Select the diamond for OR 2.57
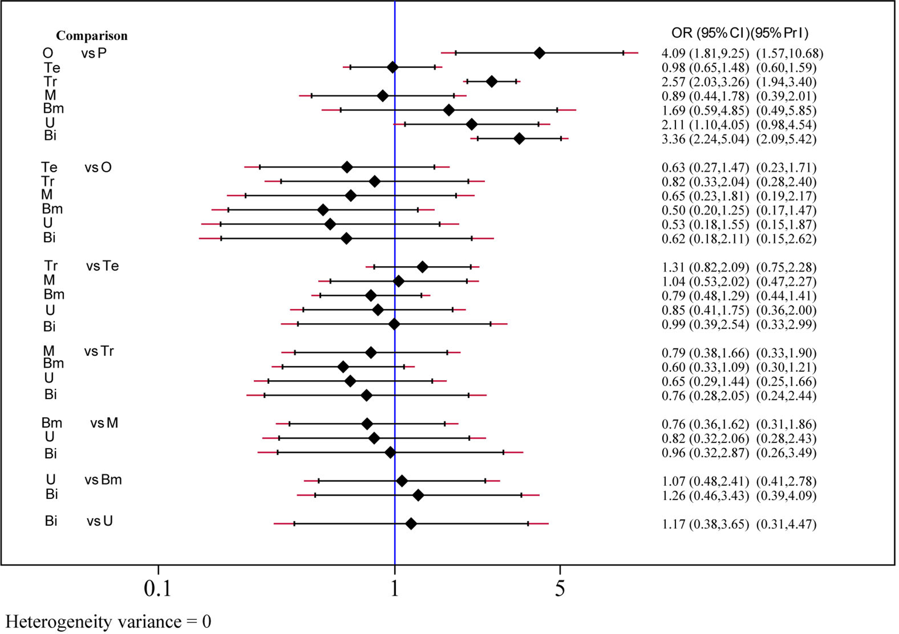[x=492, y=82]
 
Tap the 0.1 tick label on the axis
[x=158, y=589]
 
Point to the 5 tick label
[x=560, y=589]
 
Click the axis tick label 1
[x=395, y=589]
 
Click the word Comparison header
[x=92, y=36]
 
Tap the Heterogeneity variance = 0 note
[x=108, y=621]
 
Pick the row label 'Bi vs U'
[x=78, y=521]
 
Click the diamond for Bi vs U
[x=411, y=524]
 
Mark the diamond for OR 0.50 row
[x=323, y=210]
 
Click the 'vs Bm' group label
[x=103, y=480]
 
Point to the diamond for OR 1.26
[x=418, y=496]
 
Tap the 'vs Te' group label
[x=102, y=266]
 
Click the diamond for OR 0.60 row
[x=343, y=367]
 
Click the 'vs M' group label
[x=104, y=423]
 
